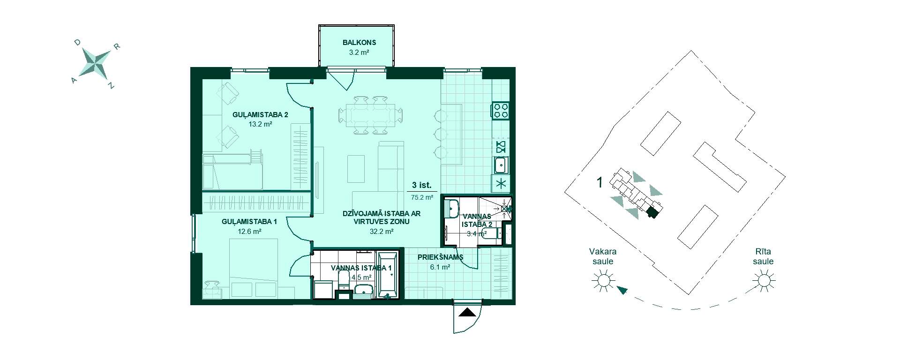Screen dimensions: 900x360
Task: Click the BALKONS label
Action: (359, 42)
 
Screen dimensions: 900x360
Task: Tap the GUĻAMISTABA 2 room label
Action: (261, 114)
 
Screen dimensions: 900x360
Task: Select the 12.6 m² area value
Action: (249, 231)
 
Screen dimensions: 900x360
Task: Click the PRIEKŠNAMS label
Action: (440, 257)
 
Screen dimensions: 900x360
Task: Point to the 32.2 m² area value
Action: (382, 231)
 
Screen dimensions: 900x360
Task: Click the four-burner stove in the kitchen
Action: (500, 110)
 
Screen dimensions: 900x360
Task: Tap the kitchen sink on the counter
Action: (501, 165)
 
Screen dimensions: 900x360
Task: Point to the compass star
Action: (96, 63)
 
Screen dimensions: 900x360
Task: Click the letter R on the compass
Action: (117, 46)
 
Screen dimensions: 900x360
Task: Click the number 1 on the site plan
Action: (600, 182)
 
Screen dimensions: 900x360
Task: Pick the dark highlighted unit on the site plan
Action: (652, 213)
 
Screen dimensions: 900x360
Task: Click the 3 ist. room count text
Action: (421, 185)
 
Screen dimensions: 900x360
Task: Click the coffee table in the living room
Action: (356, 169)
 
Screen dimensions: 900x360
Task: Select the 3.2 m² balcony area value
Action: (359, 52)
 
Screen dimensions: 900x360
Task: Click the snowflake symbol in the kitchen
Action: (501, 184)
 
